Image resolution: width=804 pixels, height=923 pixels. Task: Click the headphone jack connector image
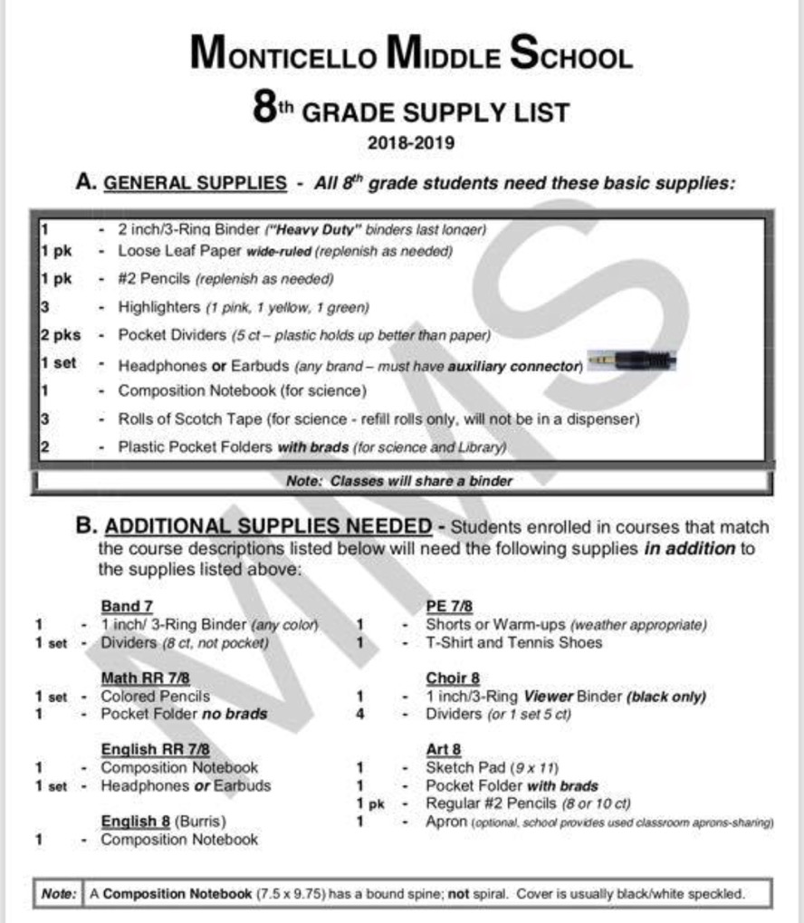(630, 362)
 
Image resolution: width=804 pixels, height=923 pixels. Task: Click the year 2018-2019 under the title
(410, 142)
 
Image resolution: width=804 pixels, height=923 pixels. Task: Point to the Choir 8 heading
(453, 678)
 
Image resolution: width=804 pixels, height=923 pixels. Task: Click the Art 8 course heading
(443, 749)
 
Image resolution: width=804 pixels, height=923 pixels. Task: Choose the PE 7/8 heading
(450, 606)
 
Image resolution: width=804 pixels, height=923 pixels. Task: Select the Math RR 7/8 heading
(145, 678)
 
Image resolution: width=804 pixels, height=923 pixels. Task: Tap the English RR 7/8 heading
(155, 749)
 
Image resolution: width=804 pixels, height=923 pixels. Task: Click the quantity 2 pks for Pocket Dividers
(60, 335)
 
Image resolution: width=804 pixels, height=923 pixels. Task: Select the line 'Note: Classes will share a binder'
(398, 481)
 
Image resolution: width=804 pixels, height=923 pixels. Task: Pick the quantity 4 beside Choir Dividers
(360, 714)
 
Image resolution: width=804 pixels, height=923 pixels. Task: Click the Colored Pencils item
(155, 697)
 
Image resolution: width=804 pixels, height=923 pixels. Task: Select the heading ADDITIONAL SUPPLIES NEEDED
(268, 526)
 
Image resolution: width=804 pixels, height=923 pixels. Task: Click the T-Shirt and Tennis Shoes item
(513, 642)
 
